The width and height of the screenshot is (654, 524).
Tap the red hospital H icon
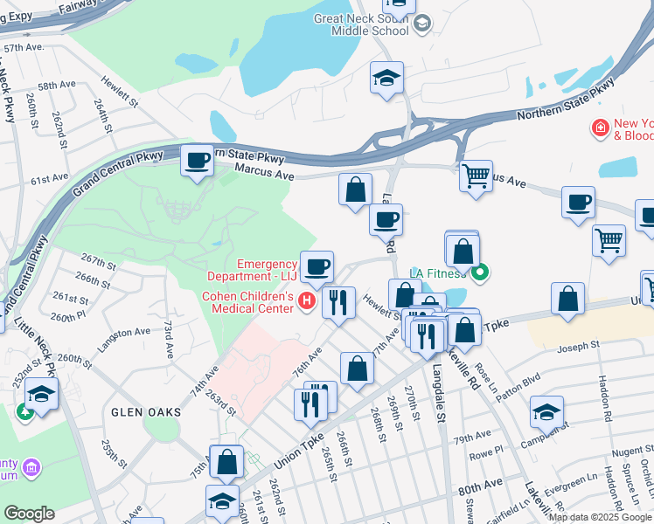click(x=306, y=302)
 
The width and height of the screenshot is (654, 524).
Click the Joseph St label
click(x=579, y=345)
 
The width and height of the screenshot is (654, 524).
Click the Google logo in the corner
click(x=29, y=514)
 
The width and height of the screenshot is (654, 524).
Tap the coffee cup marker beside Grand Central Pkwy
click(x=198, y=161)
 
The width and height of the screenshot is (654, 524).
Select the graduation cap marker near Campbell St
click(x=546, y=412)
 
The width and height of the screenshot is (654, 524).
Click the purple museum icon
click(x=32, y=468)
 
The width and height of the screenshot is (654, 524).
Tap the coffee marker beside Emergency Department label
click(x=317, y=266)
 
